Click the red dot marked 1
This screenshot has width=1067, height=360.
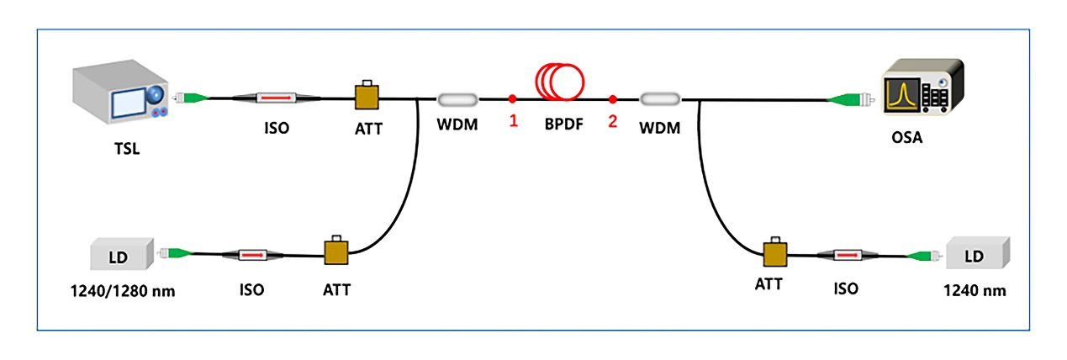(x=512, y=99)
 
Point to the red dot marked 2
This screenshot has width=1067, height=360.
(x=613, y=99)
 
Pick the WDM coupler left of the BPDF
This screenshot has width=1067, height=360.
(x=457, y=99)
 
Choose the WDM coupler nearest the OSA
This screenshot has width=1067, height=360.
(x=660, y=99)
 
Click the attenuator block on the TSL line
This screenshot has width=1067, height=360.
(x=367, y=96)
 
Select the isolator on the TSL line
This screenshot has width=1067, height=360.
(x=265, y=99)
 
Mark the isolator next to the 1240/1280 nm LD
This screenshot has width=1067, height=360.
(x=251, y=253)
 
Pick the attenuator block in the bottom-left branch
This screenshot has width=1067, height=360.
(x=336, y=251)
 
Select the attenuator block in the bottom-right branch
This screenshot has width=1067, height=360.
(x=774, y=253)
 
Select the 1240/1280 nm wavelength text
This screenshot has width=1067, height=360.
(x=123, y=291)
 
